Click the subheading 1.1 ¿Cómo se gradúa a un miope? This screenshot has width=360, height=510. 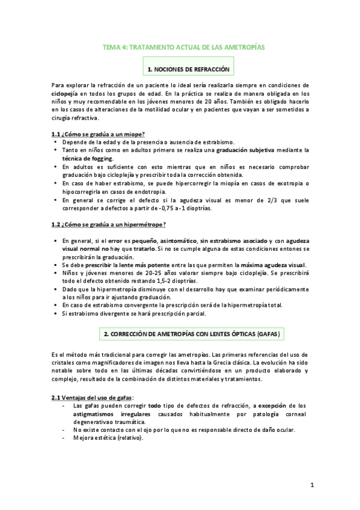(x=98, y=134)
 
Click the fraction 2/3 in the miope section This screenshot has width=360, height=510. (x=281, y=199)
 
